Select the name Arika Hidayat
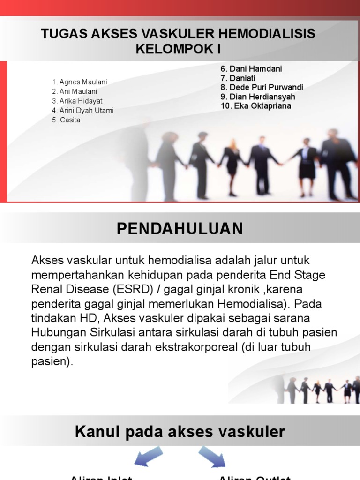[x=80, y=101]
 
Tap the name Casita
[x=69, y=120]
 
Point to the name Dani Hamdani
[x=255, y=69]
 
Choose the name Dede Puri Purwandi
[x=265, y=87]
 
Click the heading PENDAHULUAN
[x=180, y=229]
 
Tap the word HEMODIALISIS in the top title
[x=267, y=34]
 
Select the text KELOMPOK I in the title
[x=178, y=49]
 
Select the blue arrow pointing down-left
[x=149, y=456]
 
